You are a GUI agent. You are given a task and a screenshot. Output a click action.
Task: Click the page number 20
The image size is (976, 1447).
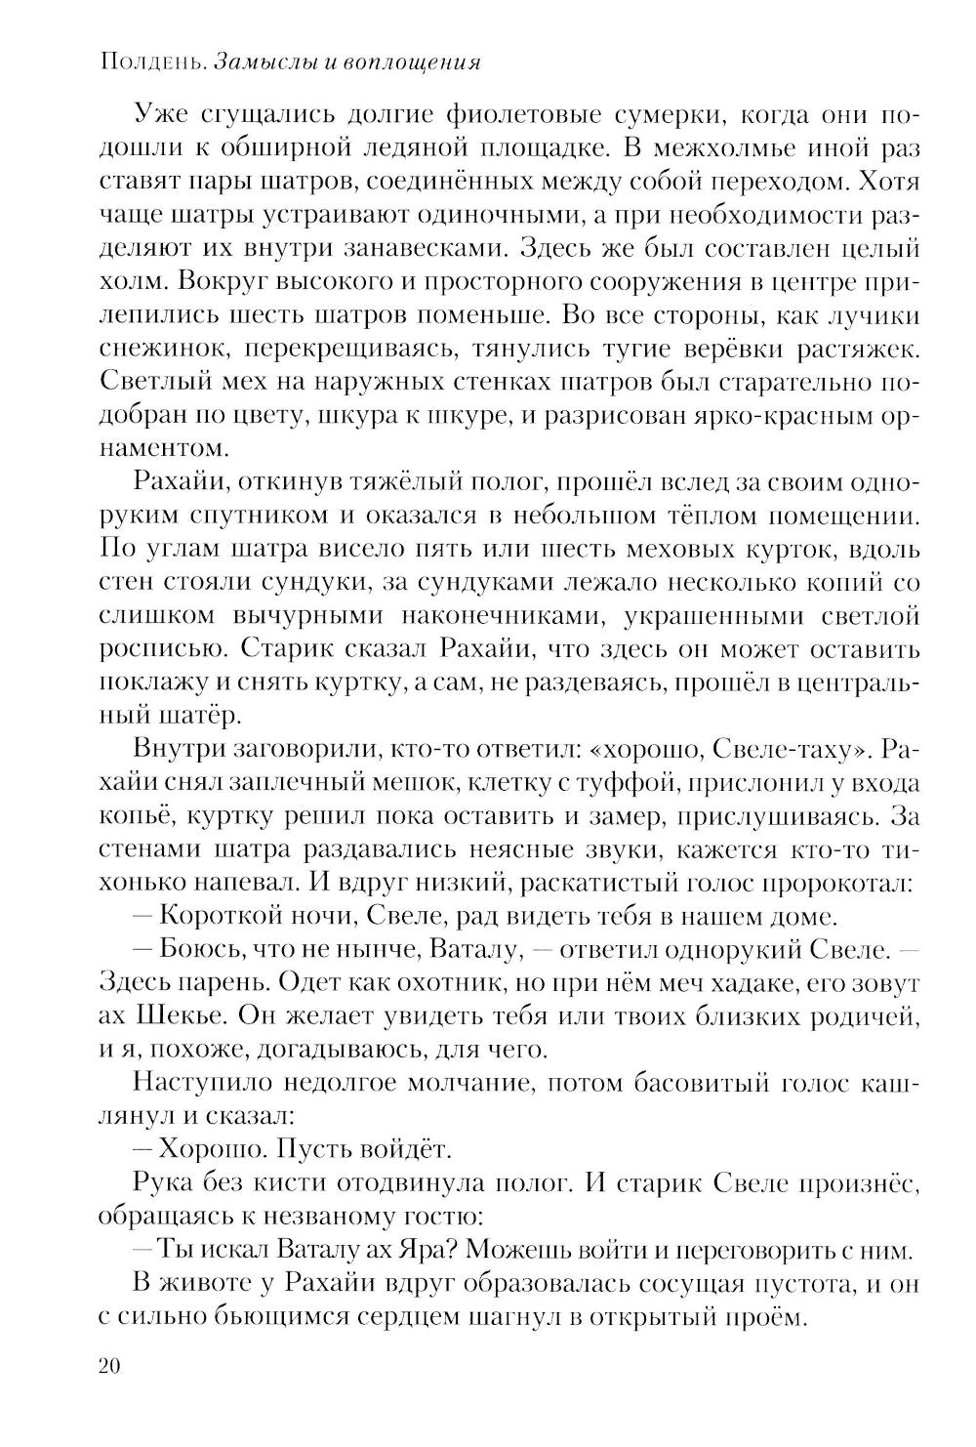tap(108, 1366)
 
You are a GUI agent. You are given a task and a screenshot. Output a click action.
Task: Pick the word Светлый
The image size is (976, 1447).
tap(151, 384)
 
